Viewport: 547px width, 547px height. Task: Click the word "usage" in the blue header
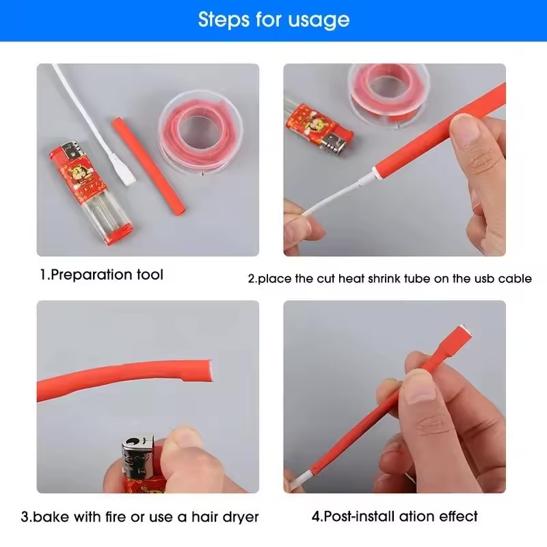(x=318, y=21)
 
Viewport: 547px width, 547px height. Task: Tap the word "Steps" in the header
(x=224, y=19)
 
